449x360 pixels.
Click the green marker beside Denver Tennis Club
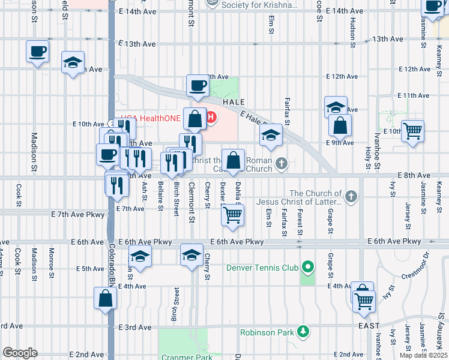(308, 266)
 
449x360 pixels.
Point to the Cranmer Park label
(187, 356)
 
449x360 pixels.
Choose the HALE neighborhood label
(234, 103)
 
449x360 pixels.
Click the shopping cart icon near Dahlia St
(233, 215)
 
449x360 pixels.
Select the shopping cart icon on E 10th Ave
(412, 130)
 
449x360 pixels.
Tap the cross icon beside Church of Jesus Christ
(351, 196)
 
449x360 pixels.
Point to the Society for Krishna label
(251, 5)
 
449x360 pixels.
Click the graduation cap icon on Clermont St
(191, 256)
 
